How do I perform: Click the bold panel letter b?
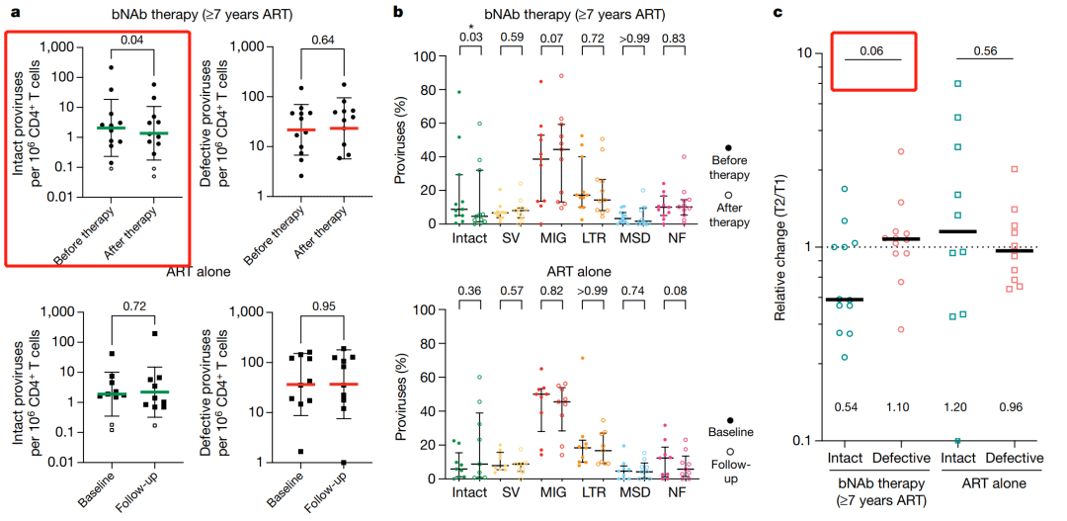pos(396,12)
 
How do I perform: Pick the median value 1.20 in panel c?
pos(955,407)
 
